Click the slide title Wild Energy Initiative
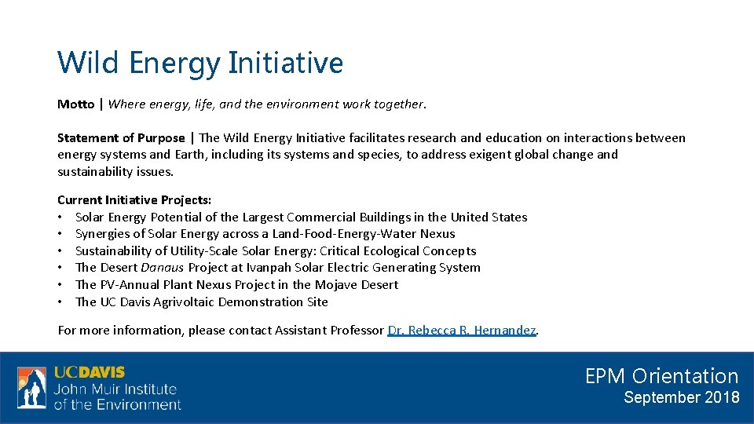[x=200, y=63]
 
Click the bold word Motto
[x=75, y=104]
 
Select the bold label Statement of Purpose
[x=121, y=138]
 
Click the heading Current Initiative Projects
[x=134, y=200]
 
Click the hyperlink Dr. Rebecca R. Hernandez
[x=462, y=331]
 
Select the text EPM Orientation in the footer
[x=661, y=376]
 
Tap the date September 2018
[x=681, y=397]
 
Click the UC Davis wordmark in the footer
[x=89, y=372]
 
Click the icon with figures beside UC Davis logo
[x=32, y=388]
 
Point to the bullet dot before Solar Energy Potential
[x=60, y=217]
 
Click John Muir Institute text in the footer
[x=115, y=389]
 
